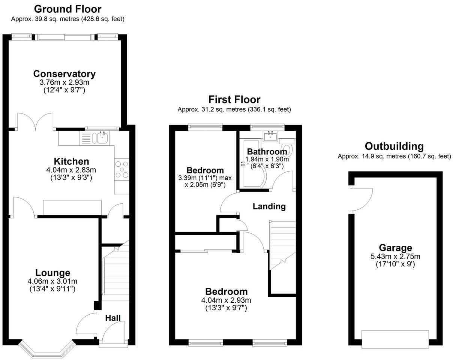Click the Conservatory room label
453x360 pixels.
pyautogui.click(x=64, y=74)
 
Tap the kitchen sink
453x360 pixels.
pyautogui.click(x=102, y=138)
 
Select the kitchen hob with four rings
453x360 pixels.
pyautogui.click(x=122, y=169)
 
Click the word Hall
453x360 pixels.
pyautogui.click(x=112, y=318)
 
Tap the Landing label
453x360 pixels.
pyautogui.click(x=269, y=206)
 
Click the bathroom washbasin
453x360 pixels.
pyautogui.click(x=270, y=136)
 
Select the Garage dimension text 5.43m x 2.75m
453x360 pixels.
pyautogui.click(x=395, y=257)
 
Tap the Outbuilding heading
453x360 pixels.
pyautogui.click(x=394, y=146)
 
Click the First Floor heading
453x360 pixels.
pyautogui.click(x=234, y=100)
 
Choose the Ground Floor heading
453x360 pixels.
pyautogui.click(x=67, y=9)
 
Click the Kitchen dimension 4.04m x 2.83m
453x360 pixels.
pyautogui.click(x=71, y=170)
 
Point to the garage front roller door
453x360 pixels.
pyautogui.click(x=395, y=338)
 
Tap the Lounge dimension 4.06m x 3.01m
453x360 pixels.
pyautogui.click(x=52, y=281)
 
